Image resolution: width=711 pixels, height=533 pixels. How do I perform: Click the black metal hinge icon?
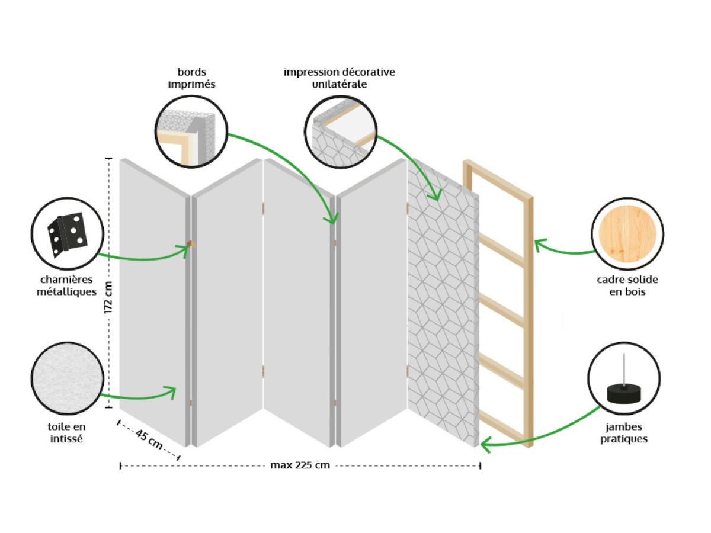click(68, 233)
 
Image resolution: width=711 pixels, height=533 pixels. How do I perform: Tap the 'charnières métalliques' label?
click(69, 286)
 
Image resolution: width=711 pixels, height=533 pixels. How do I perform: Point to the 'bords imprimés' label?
click(191, 78)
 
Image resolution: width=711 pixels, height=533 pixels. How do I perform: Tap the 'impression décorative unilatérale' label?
click(339, 78)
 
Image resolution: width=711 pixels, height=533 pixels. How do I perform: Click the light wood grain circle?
click(627, 233)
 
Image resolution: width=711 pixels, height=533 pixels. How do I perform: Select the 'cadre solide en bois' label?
click(627, 285)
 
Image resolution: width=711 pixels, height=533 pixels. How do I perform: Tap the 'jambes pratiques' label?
click(624, 432)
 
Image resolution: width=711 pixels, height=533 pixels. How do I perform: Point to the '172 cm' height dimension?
click(109, 298)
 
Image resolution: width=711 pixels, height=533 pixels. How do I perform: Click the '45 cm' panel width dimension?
click(149, 439)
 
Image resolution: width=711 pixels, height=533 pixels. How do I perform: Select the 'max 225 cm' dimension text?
click(300, 465)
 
